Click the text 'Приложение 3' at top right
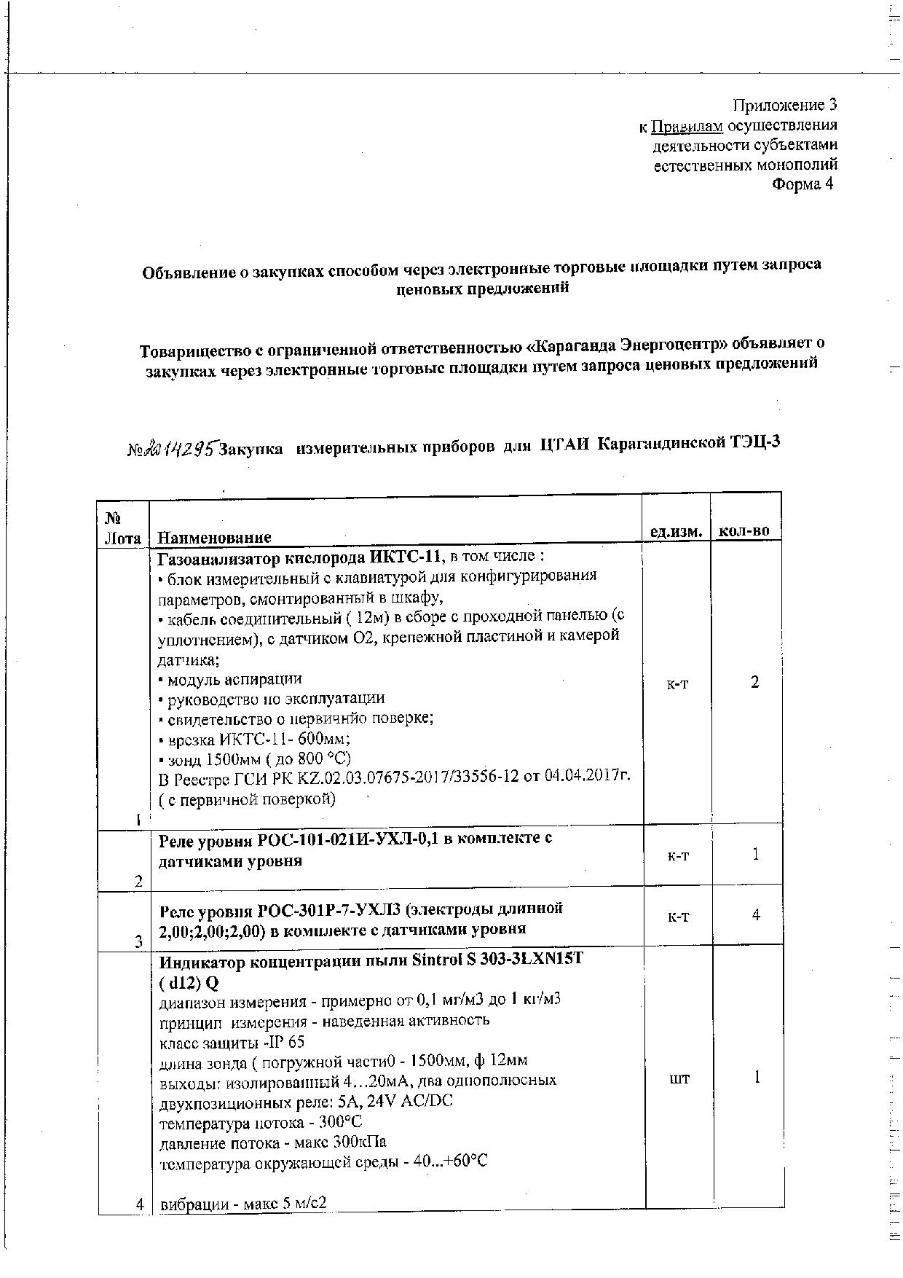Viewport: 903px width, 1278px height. (784, 106)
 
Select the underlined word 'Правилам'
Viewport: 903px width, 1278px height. (687, 126)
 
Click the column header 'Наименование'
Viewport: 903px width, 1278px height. (214, 538)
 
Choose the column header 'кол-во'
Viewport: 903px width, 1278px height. (744, 531)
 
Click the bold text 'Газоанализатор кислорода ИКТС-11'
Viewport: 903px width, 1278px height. (299, 557)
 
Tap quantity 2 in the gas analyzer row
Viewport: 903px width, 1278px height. (755, 683)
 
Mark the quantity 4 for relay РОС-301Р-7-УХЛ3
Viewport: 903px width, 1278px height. (756, 914)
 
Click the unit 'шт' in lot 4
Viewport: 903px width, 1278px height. (679, 1078)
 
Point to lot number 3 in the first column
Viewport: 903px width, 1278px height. (138, 942)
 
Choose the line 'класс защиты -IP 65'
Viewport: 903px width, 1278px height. (232, 1042)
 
